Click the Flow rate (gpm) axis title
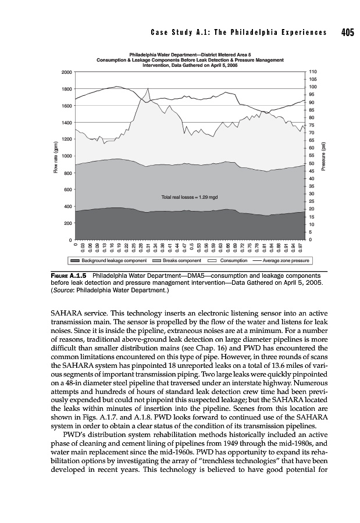click(55, 157)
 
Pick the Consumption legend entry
click(229, 261)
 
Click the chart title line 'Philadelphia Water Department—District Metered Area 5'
click(190, 55)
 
